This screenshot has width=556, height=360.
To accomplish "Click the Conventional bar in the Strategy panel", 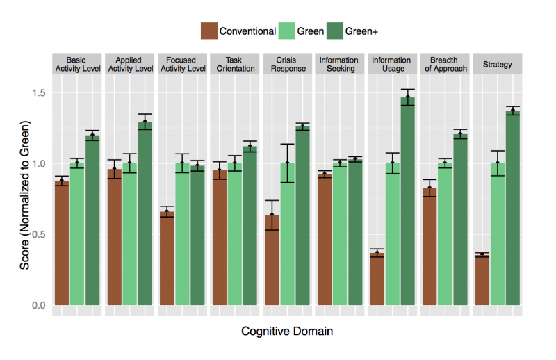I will [482, 280].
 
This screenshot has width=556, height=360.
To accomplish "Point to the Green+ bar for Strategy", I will [513, 208].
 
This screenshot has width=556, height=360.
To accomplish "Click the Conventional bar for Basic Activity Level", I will [62, 243].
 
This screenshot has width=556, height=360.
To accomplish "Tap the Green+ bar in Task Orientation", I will [250, 226].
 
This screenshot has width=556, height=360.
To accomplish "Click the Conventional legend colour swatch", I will [208, 31].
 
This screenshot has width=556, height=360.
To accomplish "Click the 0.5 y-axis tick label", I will [40, 234].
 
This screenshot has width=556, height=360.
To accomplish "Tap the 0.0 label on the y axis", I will [40, 305].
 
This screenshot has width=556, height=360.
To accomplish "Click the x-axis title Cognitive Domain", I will [286, 332].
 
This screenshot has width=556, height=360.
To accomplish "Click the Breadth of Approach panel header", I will [445, 65].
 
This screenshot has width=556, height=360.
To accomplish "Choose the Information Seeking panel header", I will [339, 65].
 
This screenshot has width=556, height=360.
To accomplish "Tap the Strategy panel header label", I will [497, 65].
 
